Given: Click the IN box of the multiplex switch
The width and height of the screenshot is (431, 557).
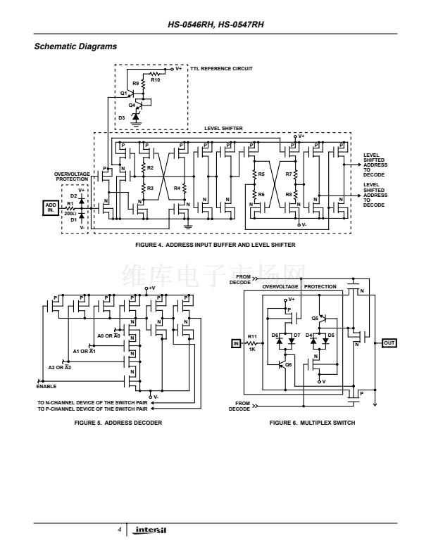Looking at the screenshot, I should (x=236, y=343).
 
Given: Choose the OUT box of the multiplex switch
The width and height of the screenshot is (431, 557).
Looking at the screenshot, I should (x=389, y=342).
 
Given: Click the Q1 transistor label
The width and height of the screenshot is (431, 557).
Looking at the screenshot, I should (x=123, y=93).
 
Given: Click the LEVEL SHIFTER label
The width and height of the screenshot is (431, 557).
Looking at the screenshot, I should (x=224, y=129).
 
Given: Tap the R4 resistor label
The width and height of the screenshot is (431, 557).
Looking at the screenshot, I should (x=176, y=188).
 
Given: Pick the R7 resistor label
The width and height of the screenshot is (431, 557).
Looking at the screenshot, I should (x=289, y=173).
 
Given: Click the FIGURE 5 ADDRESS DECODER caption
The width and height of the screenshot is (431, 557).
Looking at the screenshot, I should (x=104, y=422).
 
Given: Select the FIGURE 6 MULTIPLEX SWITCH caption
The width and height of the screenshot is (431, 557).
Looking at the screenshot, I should (x=303, y=422).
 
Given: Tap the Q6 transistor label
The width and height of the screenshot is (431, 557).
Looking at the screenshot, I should (x=288, y=364).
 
